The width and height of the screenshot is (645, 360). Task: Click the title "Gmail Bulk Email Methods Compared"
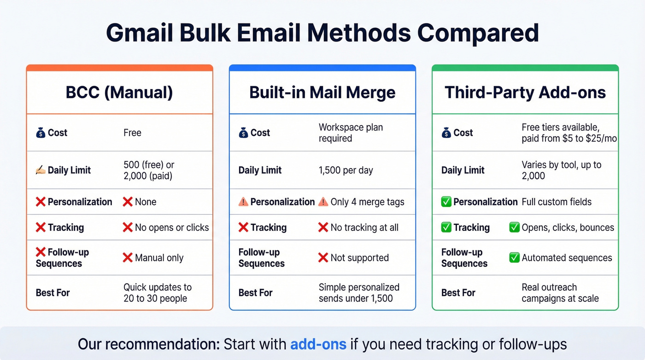pos(322,33)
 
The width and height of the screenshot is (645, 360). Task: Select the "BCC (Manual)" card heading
pos(119,93)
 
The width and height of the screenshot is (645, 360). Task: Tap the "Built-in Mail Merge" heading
pos(322,93)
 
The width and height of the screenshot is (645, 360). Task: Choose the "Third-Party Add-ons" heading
pos(525,93)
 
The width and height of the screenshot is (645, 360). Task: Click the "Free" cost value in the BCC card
pos(132,133)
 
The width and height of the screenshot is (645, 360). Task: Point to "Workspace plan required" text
pos(351,133)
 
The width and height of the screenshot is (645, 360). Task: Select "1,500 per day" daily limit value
pos(346,170)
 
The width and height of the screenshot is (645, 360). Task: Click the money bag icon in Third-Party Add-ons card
pos(446,133)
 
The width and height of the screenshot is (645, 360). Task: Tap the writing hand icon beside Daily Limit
pos(41,170)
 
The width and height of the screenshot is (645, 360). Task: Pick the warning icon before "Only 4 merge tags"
pos(323,202)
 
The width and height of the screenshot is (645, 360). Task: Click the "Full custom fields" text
pos(557,202)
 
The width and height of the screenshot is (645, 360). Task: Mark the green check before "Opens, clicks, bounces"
pos(514,227)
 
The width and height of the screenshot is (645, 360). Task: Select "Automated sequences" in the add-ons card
pos(567,258)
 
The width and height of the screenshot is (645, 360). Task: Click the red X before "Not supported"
pos(323,258)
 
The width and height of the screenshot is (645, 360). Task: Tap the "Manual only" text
pos(159,258)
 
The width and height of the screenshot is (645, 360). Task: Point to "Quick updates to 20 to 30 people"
pos(158,293)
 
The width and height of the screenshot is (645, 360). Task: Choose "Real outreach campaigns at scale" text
pos(560,293)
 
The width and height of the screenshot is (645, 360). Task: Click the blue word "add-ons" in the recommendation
pos(318,344)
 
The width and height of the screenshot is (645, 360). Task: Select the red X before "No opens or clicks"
pos(128,227)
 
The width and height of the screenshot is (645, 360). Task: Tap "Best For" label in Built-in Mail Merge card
pos(256,293)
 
